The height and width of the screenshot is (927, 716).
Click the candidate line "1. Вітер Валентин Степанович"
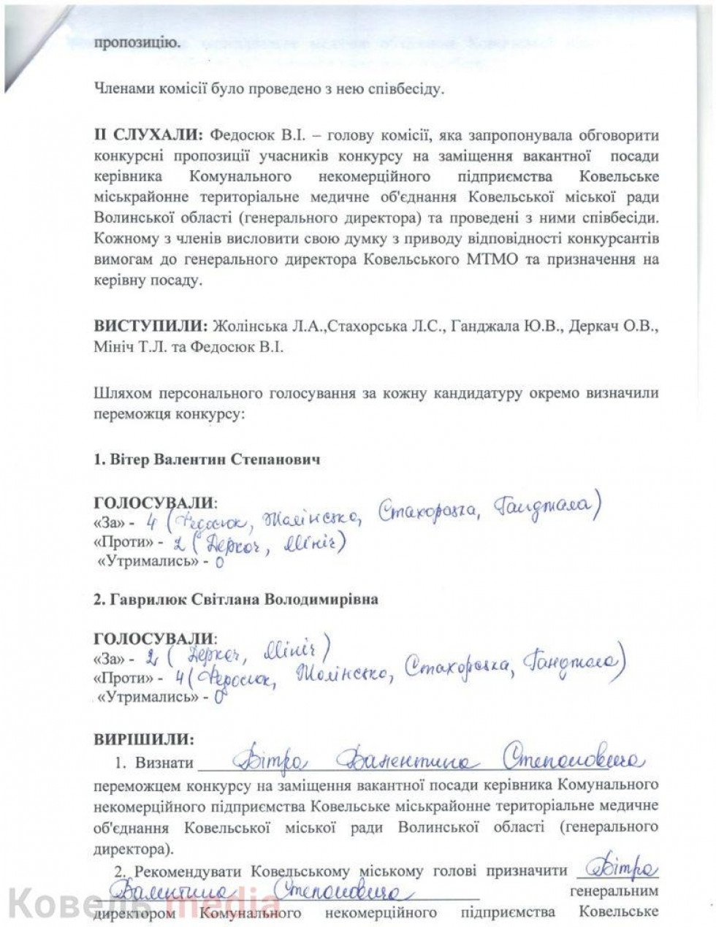tap(207, 461)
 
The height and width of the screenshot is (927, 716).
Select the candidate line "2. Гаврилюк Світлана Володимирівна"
tap(236, 600)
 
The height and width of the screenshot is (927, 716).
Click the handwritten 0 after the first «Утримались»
tap(218, 563)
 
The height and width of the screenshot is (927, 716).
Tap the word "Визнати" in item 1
tap(164, 764)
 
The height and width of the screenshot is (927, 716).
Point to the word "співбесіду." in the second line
tap(408, 91)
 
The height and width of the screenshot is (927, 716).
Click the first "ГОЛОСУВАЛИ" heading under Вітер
tap(155, 503)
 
